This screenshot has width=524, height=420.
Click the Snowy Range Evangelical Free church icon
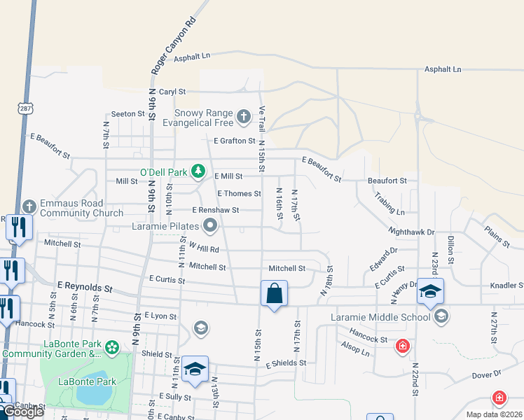(x=243, y=116)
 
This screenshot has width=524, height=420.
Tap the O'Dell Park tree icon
(x=199, y=170)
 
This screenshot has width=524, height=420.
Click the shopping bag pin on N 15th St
(x=274, y=293)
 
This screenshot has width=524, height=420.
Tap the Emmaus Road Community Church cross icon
(x=29, y=206)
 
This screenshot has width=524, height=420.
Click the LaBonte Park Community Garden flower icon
(x=111, y=347)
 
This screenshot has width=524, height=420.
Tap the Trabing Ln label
(x=389, y=204)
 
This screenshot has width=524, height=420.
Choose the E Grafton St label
(x=235, y=141)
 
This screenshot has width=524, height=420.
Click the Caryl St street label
(x=172, y=92)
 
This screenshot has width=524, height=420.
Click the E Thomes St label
(x=239, y=193)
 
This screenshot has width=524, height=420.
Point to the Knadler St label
(x=506, y=286)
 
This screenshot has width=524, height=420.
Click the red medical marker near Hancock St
(x=403, y=346)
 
